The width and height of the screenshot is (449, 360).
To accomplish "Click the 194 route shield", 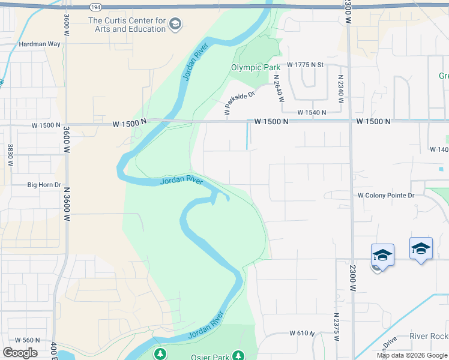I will [95, 7].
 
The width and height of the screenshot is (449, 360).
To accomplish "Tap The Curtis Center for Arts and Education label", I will [127, 25].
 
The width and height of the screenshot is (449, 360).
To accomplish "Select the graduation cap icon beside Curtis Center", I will [175, 25].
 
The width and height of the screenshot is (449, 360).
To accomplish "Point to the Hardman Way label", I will [40, 44].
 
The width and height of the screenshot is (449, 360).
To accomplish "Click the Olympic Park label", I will [256, 67].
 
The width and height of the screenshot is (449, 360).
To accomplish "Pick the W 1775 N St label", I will [305, 64].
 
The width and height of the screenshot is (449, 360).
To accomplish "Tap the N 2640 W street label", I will [277, 87].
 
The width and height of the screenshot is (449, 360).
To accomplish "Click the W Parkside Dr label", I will [240, 100].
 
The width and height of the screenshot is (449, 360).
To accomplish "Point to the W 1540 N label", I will [312, 112].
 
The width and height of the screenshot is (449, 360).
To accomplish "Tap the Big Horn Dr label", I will [44, 185].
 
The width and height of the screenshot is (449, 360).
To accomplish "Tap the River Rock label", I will [429, 337].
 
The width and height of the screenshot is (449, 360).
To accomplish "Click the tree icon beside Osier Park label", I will [238, 356].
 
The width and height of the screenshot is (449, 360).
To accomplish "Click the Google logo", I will [20, 353].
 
